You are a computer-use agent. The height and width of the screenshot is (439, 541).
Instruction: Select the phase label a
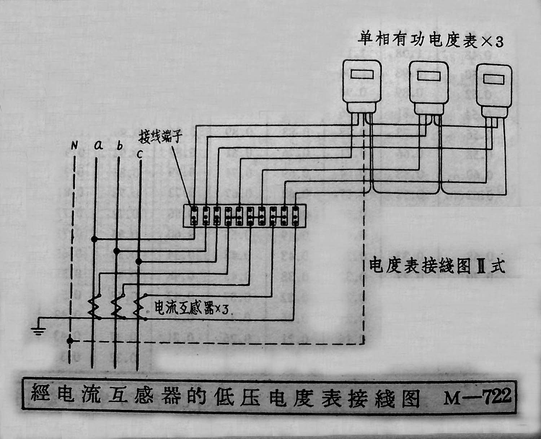pos(98,145)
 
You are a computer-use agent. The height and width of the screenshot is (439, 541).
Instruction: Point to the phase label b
pos(120,146)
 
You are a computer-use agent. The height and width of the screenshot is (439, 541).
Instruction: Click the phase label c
pos(140,154)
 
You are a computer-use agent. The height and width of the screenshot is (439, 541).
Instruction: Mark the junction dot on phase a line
pos(94,239)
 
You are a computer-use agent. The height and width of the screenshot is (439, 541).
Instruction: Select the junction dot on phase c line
pos(138,261)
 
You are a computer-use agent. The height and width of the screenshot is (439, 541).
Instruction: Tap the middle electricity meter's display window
pos(429,76)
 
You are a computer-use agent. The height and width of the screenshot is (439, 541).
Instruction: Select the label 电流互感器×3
pos(191,309)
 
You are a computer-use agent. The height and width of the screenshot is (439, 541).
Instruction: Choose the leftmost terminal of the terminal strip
pos(194,216)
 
